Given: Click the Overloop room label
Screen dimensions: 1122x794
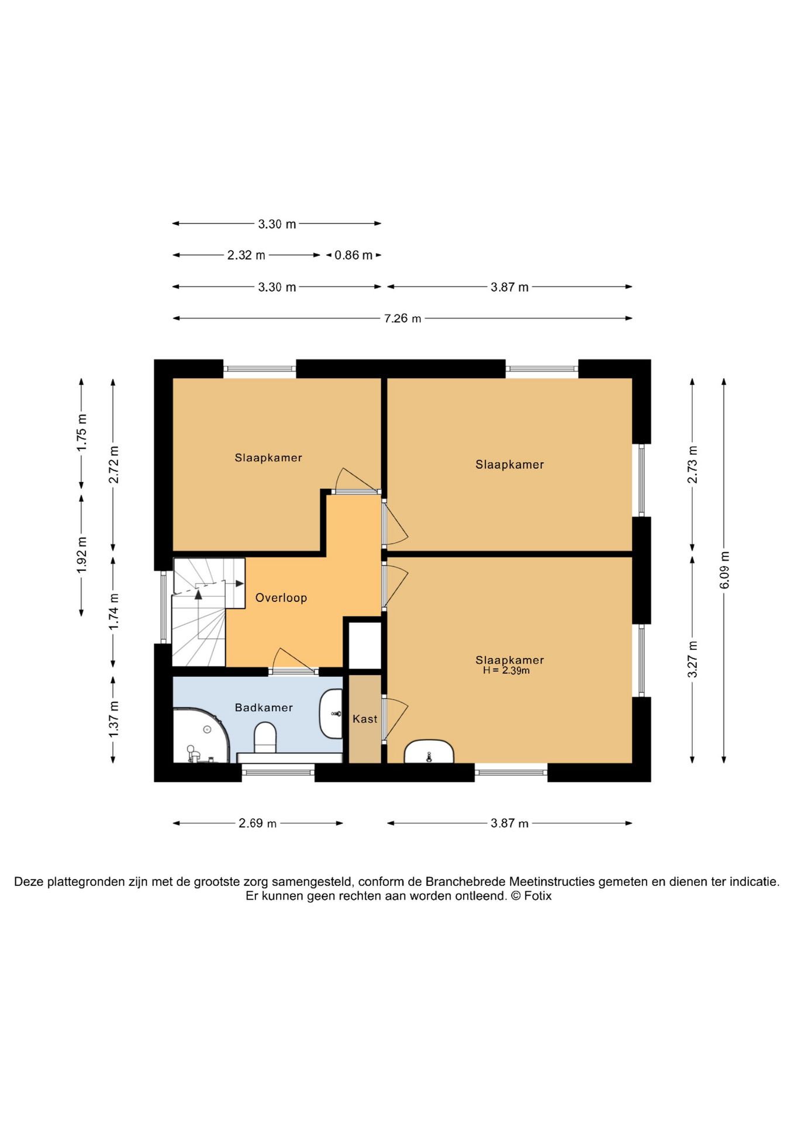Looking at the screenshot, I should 281,597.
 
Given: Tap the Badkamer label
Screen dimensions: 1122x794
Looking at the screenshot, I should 264,707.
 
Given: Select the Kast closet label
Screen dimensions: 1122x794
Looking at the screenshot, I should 365,719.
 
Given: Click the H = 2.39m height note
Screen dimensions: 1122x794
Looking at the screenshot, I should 506,671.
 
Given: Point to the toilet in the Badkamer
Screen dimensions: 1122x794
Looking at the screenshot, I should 265,737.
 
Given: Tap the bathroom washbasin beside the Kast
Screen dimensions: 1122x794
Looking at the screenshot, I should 331,714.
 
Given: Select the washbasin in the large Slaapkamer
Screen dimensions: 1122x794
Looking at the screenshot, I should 429,752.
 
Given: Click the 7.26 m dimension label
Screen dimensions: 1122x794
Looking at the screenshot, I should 403,318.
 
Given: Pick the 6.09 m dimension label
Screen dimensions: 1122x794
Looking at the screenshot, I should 724,570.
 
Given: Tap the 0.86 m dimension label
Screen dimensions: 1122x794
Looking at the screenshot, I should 353,255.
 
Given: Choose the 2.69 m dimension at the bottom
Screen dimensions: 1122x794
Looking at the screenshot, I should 257,823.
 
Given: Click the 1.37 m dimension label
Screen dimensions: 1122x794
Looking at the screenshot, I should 113,719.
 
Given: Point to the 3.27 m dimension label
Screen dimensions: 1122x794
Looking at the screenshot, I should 692,659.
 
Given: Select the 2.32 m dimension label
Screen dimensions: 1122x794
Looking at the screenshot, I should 246,255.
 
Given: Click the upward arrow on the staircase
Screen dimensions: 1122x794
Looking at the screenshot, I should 198,594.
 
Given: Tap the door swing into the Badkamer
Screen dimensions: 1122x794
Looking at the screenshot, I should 292,660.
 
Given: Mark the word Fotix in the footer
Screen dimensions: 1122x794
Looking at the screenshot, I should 537,896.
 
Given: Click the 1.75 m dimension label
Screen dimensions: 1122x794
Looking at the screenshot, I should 82,432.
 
